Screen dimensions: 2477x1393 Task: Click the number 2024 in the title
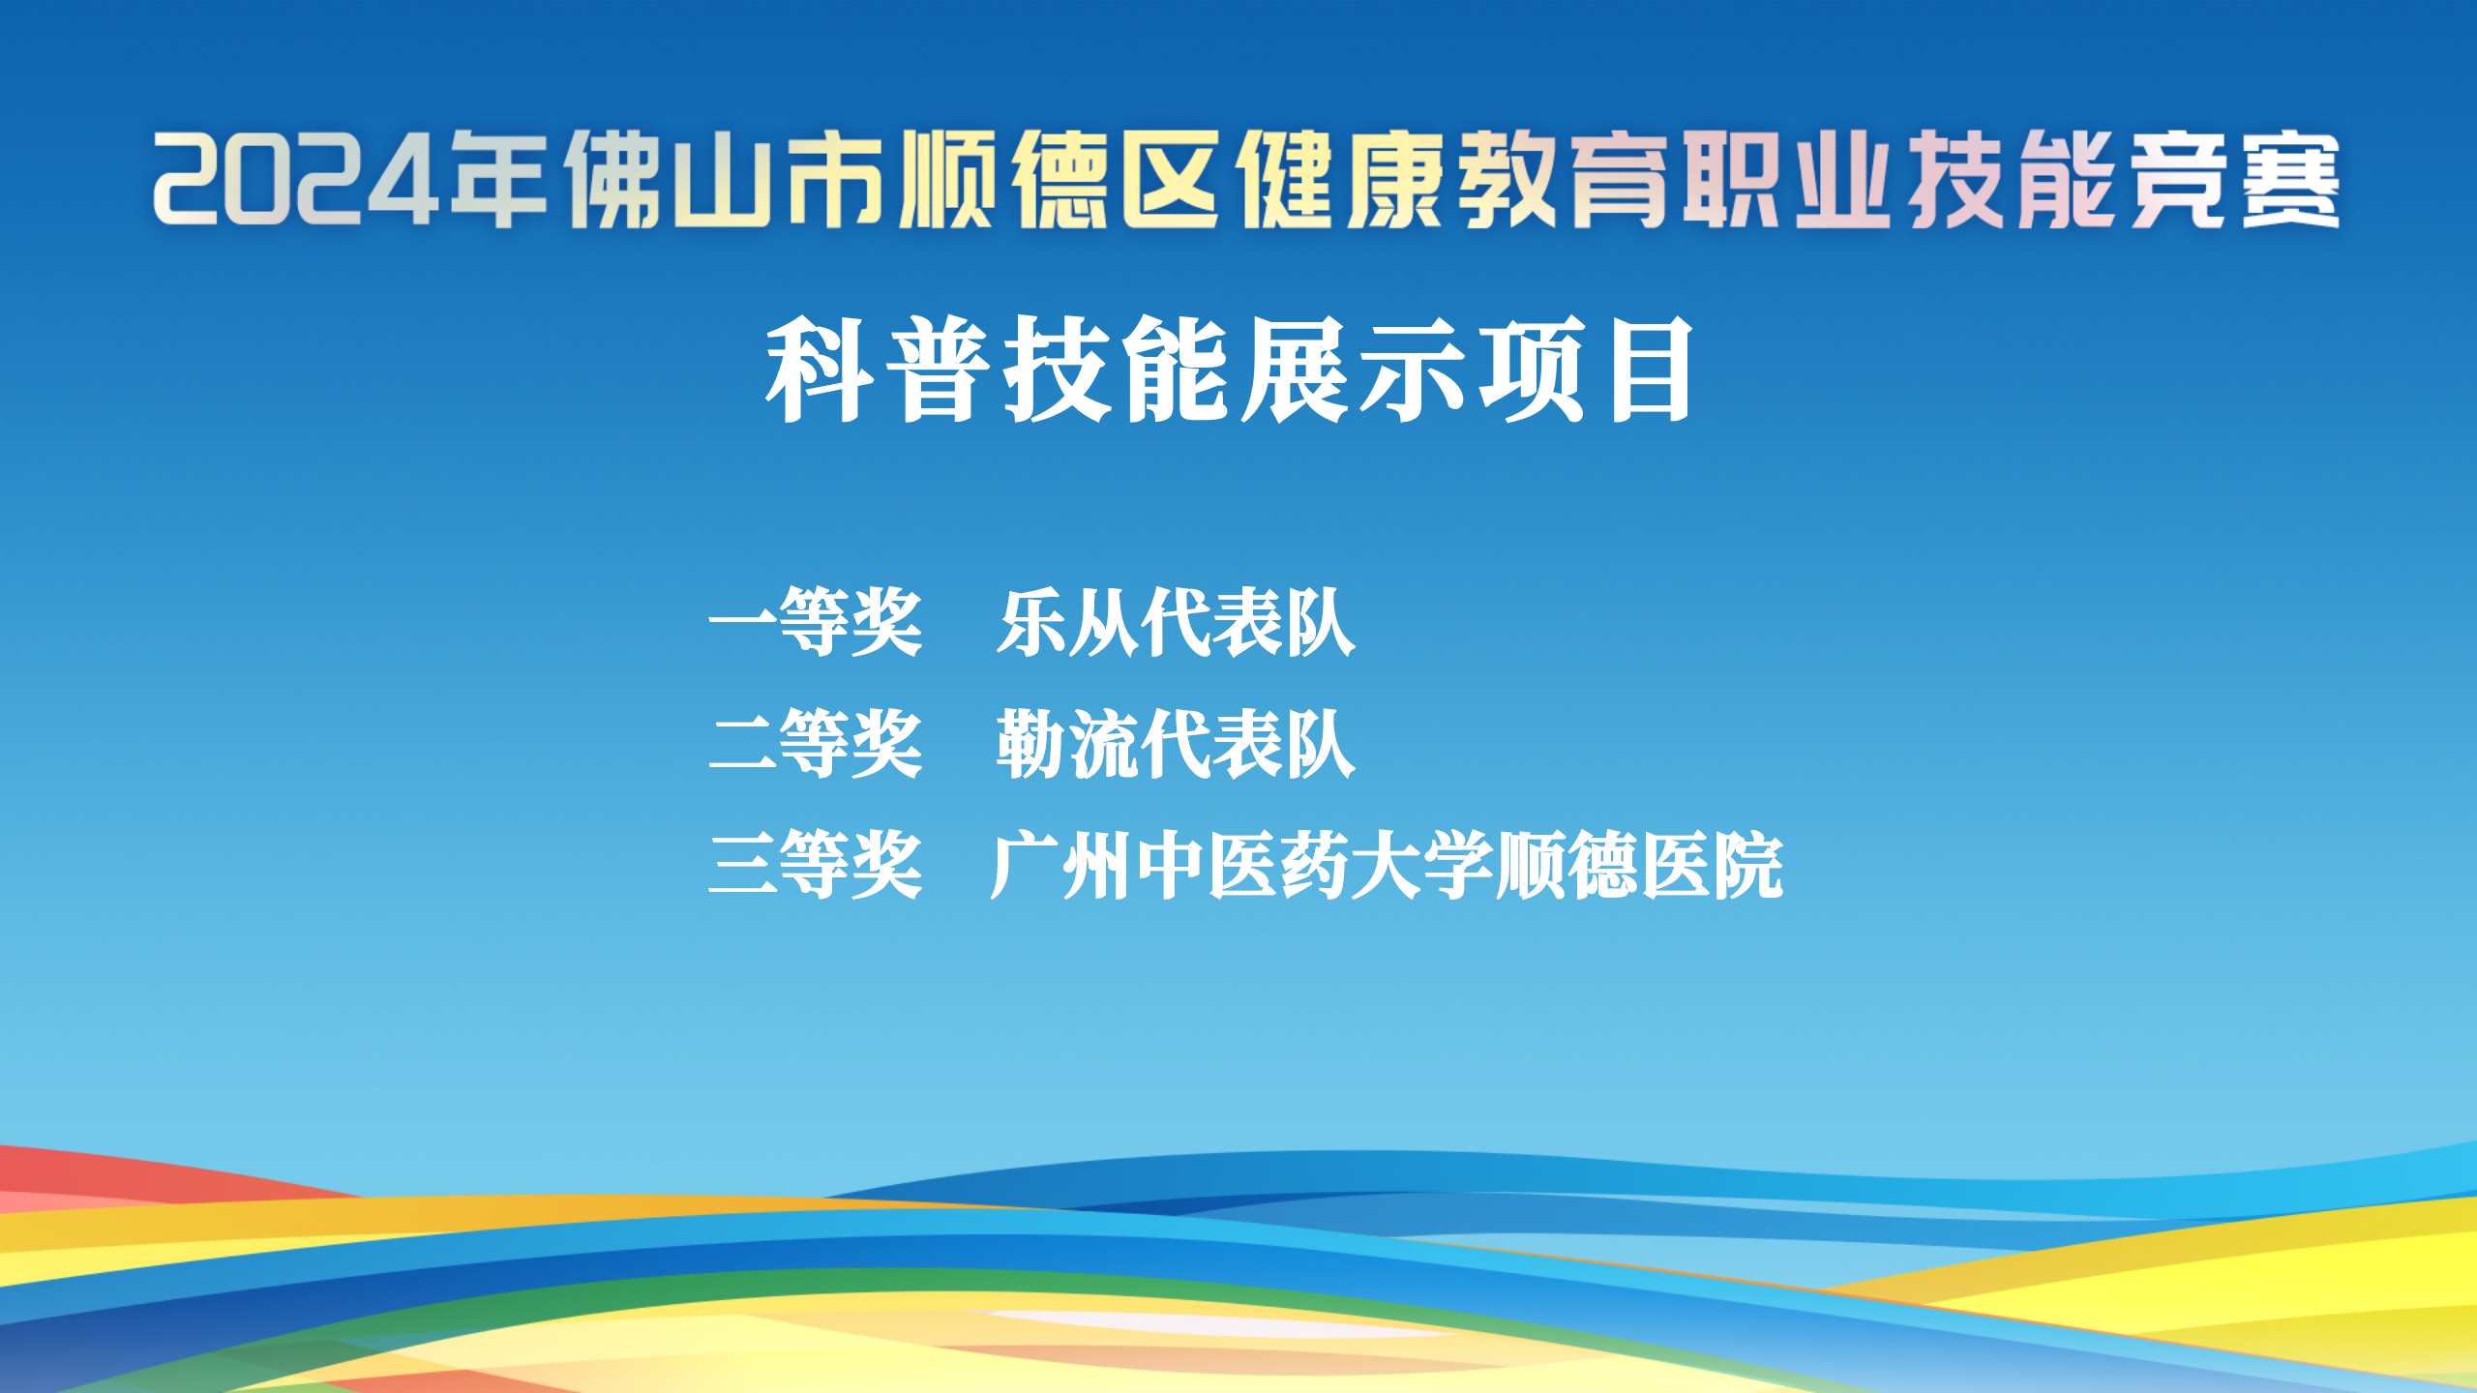tap(296, 179)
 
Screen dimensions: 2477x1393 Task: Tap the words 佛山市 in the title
tap(725, 179)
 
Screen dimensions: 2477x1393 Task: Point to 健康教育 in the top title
tap(1451, 179)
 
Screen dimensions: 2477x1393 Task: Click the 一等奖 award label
tap(816, 623)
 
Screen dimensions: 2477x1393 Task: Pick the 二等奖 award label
tap(816, 744)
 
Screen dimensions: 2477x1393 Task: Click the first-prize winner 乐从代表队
tap(1176, 623)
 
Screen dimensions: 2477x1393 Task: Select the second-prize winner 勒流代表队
tap(1176, 744)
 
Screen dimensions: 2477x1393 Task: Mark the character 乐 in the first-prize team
tap(1031, 623)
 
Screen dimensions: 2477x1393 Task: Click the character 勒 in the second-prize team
tap(1031, 744)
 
